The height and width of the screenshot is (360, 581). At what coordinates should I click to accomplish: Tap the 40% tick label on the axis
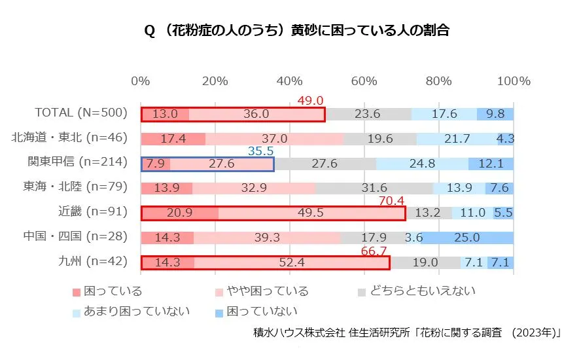[290, 81]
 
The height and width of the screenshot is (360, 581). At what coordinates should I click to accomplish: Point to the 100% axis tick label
[514, 81]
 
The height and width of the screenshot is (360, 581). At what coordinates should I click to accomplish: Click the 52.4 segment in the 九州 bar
[292, 262]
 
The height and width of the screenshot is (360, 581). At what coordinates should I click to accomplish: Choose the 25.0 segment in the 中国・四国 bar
[467, 238]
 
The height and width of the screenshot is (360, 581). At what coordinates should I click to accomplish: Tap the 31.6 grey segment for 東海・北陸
[374, 188]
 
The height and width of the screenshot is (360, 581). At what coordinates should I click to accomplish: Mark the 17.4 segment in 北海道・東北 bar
[173, 139]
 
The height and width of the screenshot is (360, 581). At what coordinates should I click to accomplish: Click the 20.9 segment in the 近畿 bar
[180, 213]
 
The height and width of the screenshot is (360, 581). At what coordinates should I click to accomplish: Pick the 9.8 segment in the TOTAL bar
[495, 114]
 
